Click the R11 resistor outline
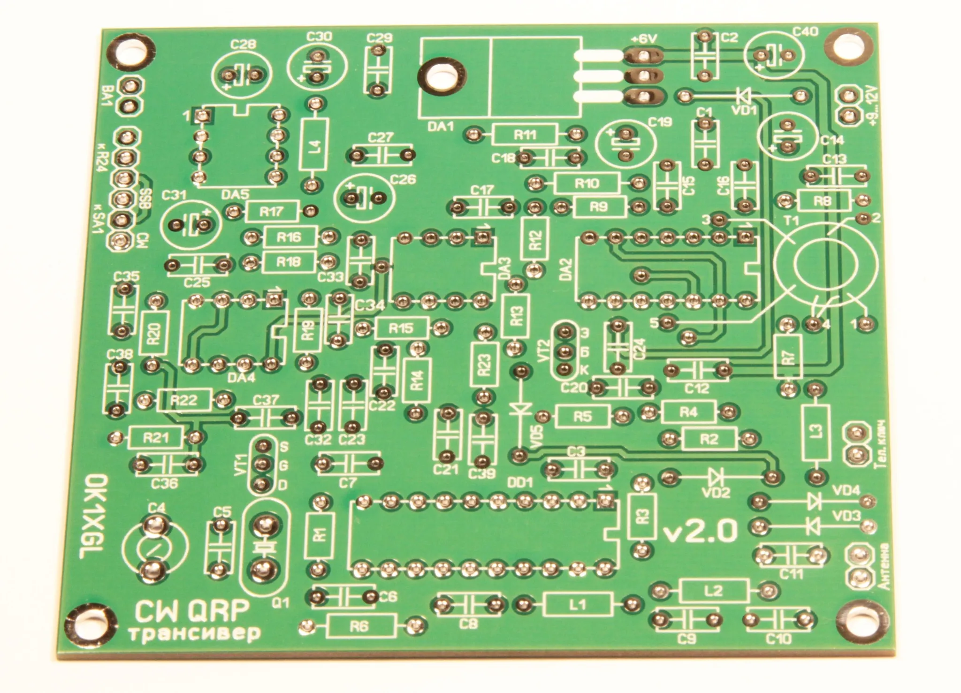(524, 135)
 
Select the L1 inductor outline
(578, 604)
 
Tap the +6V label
(644, 39)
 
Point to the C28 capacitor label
(244, 44)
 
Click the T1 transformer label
(791, 221)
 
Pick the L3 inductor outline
(817, 432)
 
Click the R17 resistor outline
(271, 211)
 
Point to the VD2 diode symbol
(715, 478)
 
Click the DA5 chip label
(235, 195)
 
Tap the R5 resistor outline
(582, 416)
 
